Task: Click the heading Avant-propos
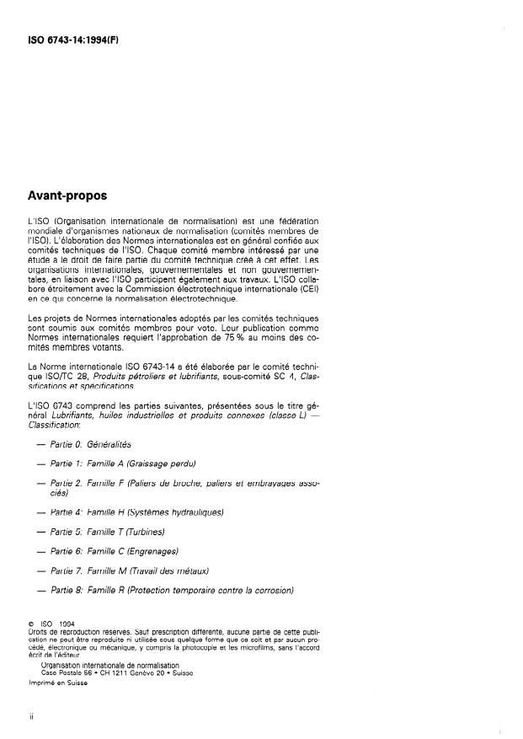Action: click(x=68, y=195)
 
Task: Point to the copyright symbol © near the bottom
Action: click(x=30, y=624)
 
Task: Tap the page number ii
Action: click(x=30, y=717)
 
